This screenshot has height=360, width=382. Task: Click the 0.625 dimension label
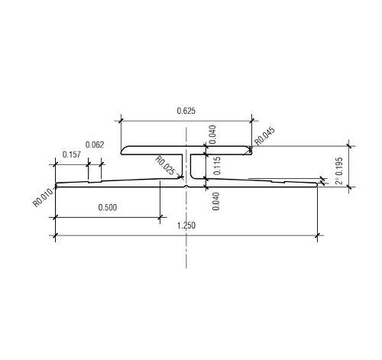[x=186, y=111]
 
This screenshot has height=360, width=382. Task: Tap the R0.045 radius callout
[x=265, y=136]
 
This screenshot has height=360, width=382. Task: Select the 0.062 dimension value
[x=95, y=145]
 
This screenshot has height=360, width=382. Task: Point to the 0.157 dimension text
[x=72, y=154]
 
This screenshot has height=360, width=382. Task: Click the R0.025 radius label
[x=165, y=166]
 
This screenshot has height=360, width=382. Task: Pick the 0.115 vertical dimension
[x=217, y=166]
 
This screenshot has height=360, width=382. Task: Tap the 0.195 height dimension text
[x=339, y=167]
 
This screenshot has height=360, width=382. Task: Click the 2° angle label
[x=339, y=180]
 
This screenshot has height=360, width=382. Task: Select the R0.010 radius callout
[x=44, y=197]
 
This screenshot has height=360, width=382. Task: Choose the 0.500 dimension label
[x=108, y=207]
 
